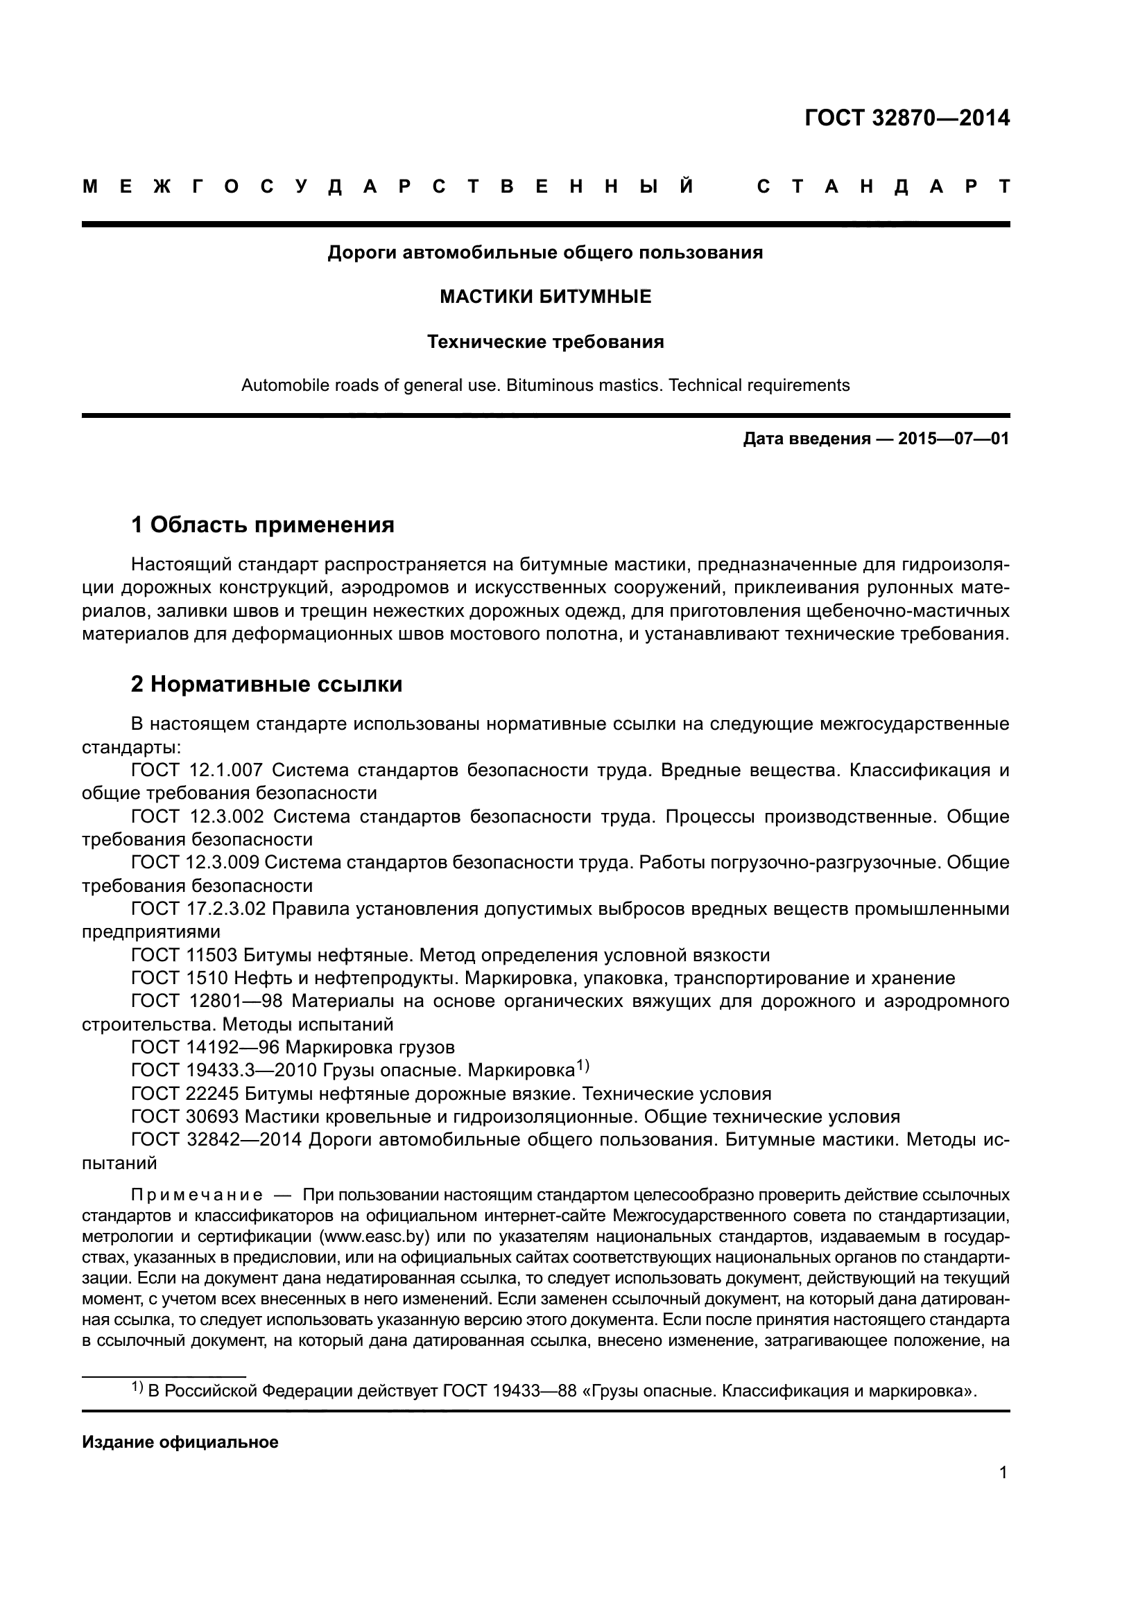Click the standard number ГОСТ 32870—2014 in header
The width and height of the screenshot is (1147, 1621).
tap(907, 118)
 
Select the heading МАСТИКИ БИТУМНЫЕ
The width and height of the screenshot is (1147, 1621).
tap(545, 297)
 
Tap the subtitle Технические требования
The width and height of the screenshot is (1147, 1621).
tap(545, 342)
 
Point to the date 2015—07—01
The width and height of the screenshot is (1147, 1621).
tap(954, 439)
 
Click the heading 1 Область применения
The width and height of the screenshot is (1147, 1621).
tap(262, 525)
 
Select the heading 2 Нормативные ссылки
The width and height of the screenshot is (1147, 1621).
tap(266, 684)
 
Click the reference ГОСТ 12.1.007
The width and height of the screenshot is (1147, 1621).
tap(197, 769)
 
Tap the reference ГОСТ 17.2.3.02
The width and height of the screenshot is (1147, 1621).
tap(198, 909)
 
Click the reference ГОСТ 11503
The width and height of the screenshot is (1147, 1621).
tap(185, 955)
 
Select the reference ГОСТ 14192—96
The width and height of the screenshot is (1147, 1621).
tap(205, 1047)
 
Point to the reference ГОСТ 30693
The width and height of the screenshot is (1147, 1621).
tap(185, 1116)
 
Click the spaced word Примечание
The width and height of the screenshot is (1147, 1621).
tap(197, 1195)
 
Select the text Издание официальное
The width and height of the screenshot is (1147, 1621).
tap(180, 1442)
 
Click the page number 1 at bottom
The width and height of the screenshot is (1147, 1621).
tap(1003, 1473)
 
